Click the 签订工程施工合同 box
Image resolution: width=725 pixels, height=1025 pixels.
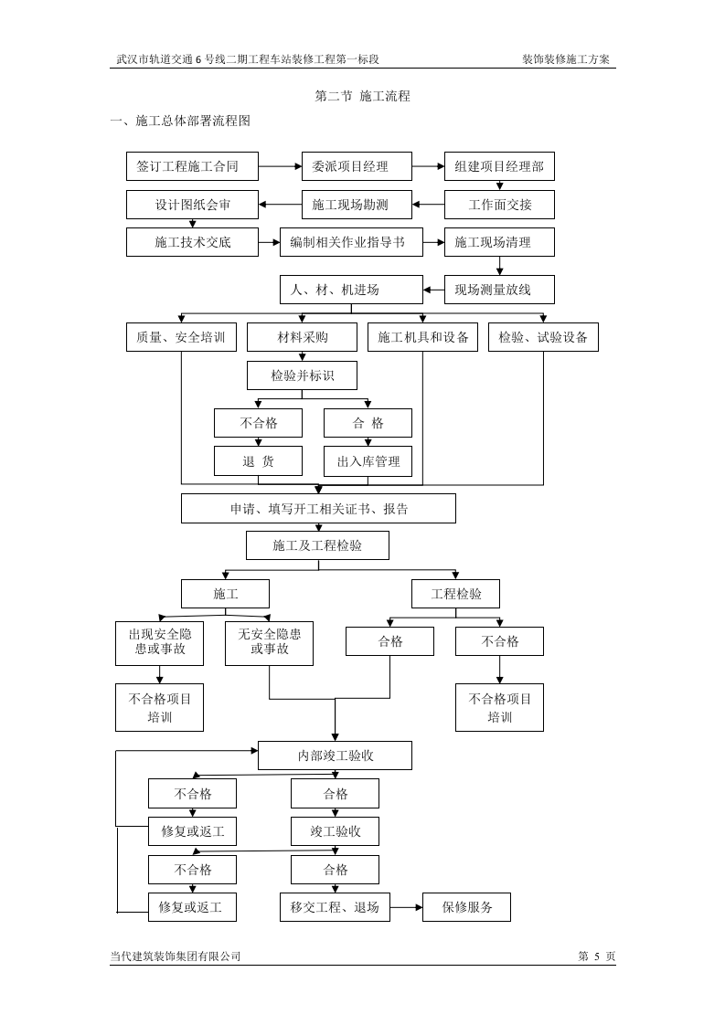(192, 166)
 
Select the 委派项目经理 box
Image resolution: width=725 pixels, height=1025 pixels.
(357, 166)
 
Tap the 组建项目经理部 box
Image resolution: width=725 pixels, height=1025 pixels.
(499, 166)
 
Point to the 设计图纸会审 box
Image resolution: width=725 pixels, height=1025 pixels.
(192, 205)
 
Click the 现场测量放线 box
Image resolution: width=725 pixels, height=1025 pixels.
(499, 290)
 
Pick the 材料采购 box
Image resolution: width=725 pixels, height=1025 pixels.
(302, 337)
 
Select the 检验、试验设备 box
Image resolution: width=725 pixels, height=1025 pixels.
(543, 337)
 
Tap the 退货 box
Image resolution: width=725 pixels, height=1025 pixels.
(258, 461)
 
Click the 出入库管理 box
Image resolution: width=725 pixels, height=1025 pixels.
(368, 461)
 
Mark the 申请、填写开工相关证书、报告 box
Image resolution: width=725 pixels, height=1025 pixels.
(318, 509)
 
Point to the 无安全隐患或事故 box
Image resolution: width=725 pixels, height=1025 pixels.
(269, 642)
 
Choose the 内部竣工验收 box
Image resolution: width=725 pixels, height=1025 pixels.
(335, 756)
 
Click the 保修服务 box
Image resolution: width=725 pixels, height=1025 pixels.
(466, 907)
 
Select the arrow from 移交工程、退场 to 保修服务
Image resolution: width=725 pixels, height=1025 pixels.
(406, 907)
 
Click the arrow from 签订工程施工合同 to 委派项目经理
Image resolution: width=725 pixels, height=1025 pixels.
(280, 166)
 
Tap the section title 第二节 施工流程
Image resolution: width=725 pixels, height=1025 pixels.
(362, 95)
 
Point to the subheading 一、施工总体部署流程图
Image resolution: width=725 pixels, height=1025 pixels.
(180, 121)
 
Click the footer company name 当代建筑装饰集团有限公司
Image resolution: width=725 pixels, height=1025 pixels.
(176, 956)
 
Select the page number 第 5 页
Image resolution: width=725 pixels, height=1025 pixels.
(597, 956)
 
